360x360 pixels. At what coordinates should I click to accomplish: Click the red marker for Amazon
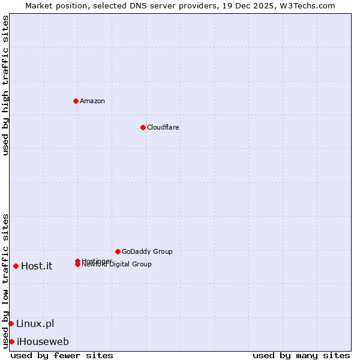coord(76,101)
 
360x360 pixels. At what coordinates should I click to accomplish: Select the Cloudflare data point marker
coord(143,127)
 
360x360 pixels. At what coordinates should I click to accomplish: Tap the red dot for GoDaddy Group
coord(118,251)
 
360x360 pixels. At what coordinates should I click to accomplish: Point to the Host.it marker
coord(16,266)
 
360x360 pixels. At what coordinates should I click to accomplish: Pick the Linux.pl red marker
coord(11,323)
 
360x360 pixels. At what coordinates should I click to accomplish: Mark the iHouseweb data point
coord(11,341)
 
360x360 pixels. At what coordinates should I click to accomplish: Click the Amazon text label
coord(92,101)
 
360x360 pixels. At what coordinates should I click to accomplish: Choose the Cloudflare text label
coord(163,127)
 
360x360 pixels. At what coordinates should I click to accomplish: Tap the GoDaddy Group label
coord(147,251)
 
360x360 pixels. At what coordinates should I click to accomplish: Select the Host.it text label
coord(37,266)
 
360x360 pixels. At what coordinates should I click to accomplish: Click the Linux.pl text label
coord(35,324)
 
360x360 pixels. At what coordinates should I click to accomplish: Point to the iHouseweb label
coord(43,342)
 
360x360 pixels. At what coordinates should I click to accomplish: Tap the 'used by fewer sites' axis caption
coord(62,355)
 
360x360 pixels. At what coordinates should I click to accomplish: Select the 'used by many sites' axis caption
coord(301,355)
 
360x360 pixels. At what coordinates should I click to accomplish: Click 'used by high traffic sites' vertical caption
coord(5,85)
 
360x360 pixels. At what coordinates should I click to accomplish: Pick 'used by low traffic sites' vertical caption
coord(5,280)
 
